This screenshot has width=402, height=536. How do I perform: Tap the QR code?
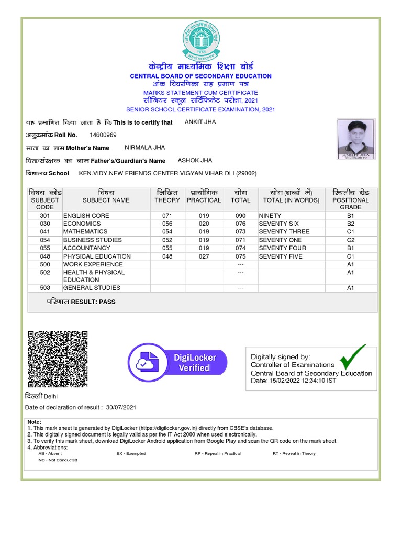(58, 359)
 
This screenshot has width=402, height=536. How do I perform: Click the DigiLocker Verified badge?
(178, 362)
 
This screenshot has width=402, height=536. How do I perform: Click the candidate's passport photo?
(355, 138)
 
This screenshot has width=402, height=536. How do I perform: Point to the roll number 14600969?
(103, 135)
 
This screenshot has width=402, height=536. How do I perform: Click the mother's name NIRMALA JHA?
(144, 148)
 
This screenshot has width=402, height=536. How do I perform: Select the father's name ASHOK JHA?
(195, 160)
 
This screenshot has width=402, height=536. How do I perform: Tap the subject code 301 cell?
(44, 215)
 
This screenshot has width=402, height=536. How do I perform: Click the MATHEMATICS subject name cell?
(85, 231)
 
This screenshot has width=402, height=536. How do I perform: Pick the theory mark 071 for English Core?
(167, 215)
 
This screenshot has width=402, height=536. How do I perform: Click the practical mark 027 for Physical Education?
(204, 256)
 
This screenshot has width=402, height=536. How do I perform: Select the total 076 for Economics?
(240, 224)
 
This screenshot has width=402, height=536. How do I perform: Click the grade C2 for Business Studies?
(350, 240)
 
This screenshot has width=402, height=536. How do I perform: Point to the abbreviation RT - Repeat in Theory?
(294, 453)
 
